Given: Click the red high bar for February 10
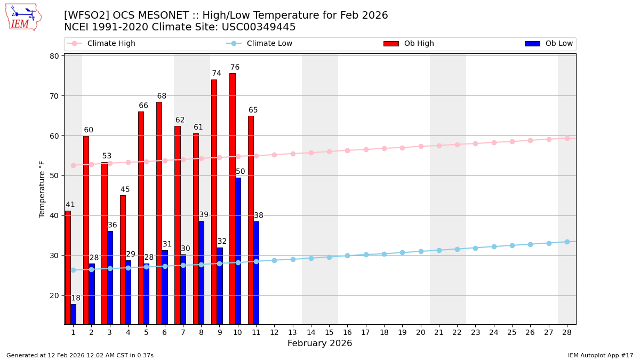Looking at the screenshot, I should pos(232,198).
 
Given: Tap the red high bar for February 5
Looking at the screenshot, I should pos(141,218).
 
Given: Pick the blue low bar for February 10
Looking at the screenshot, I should pos(238,251).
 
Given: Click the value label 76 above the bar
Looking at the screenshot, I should pos(235,68).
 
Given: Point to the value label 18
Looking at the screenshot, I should pos(76,298).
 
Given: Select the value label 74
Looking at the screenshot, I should pos(217,74).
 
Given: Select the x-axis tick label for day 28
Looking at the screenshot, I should pos(567,332).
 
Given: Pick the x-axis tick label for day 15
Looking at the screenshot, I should pos(329,332).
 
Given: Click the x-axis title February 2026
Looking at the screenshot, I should pos(319,343).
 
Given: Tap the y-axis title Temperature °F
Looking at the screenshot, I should pos(42,189).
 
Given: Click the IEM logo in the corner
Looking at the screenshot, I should pos(23,17).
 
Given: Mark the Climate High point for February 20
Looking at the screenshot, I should pos(421,146).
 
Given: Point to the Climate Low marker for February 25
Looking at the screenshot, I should pos(512,245).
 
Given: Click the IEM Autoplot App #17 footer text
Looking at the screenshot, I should pos(600,355).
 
